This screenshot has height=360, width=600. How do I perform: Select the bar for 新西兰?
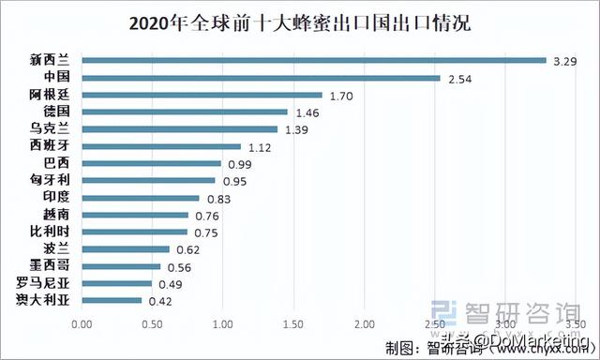point(314,61)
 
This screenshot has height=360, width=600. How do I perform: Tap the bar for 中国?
point(261,78)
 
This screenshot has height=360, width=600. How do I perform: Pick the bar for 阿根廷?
point(202,95)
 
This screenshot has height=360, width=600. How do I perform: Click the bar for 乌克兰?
point(180,128)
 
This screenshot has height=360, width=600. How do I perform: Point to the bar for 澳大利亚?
point(112,300)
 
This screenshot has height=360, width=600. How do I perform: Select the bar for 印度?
point(141,198)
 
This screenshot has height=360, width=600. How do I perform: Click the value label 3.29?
point(564,61)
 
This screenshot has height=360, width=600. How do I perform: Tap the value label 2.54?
point(458,78)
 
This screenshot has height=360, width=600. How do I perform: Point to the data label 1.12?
point(259,146)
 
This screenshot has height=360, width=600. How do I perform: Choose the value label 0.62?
point(188,249)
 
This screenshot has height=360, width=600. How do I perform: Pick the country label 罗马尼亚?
point(43,283)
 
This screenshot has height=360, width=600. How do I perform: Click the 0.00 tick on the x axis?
point(82,324)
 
